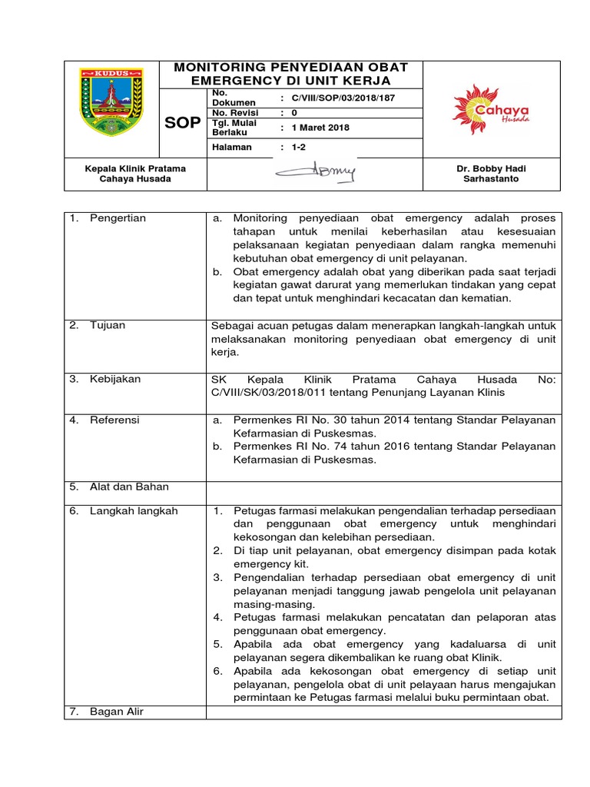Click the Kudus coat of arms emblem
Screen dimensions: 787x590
coord(111,103)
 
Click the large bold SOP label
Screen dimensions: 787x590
coord(184,124)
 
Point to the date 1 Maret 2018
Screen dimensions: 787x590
coord(320,128)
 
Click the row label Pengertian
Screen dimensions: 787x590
coord(118,218)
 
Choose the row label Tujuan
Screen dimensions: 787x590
coord(108,325)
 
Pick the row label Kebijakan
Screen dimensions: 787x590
coord(115,379)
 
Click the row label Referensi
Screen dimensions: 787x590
coord(115,420)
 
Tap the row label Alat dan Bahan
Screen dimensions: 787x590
coord(129,486)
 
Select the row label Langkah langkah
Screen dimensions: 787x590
coord(133,511)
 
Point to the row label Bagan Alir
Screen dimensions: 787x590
coord(117,712)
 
